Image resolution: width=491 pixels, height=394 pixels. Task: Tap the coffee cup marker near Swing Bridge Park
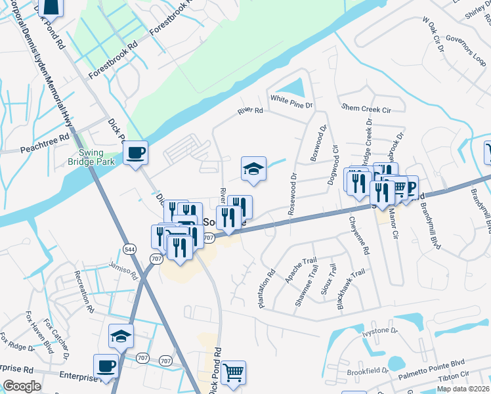coord(135,153)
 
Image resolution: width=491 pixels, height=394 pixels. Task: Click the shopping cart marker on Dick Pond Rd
coord(233,373)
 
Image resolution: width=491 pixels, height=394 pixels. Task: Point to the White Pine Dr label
coord(293,100)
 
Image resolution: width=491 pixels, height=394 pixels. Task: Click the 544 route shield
coord(129,248)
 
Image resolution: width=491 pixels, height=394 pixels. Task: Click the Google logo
coord(22,386)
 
